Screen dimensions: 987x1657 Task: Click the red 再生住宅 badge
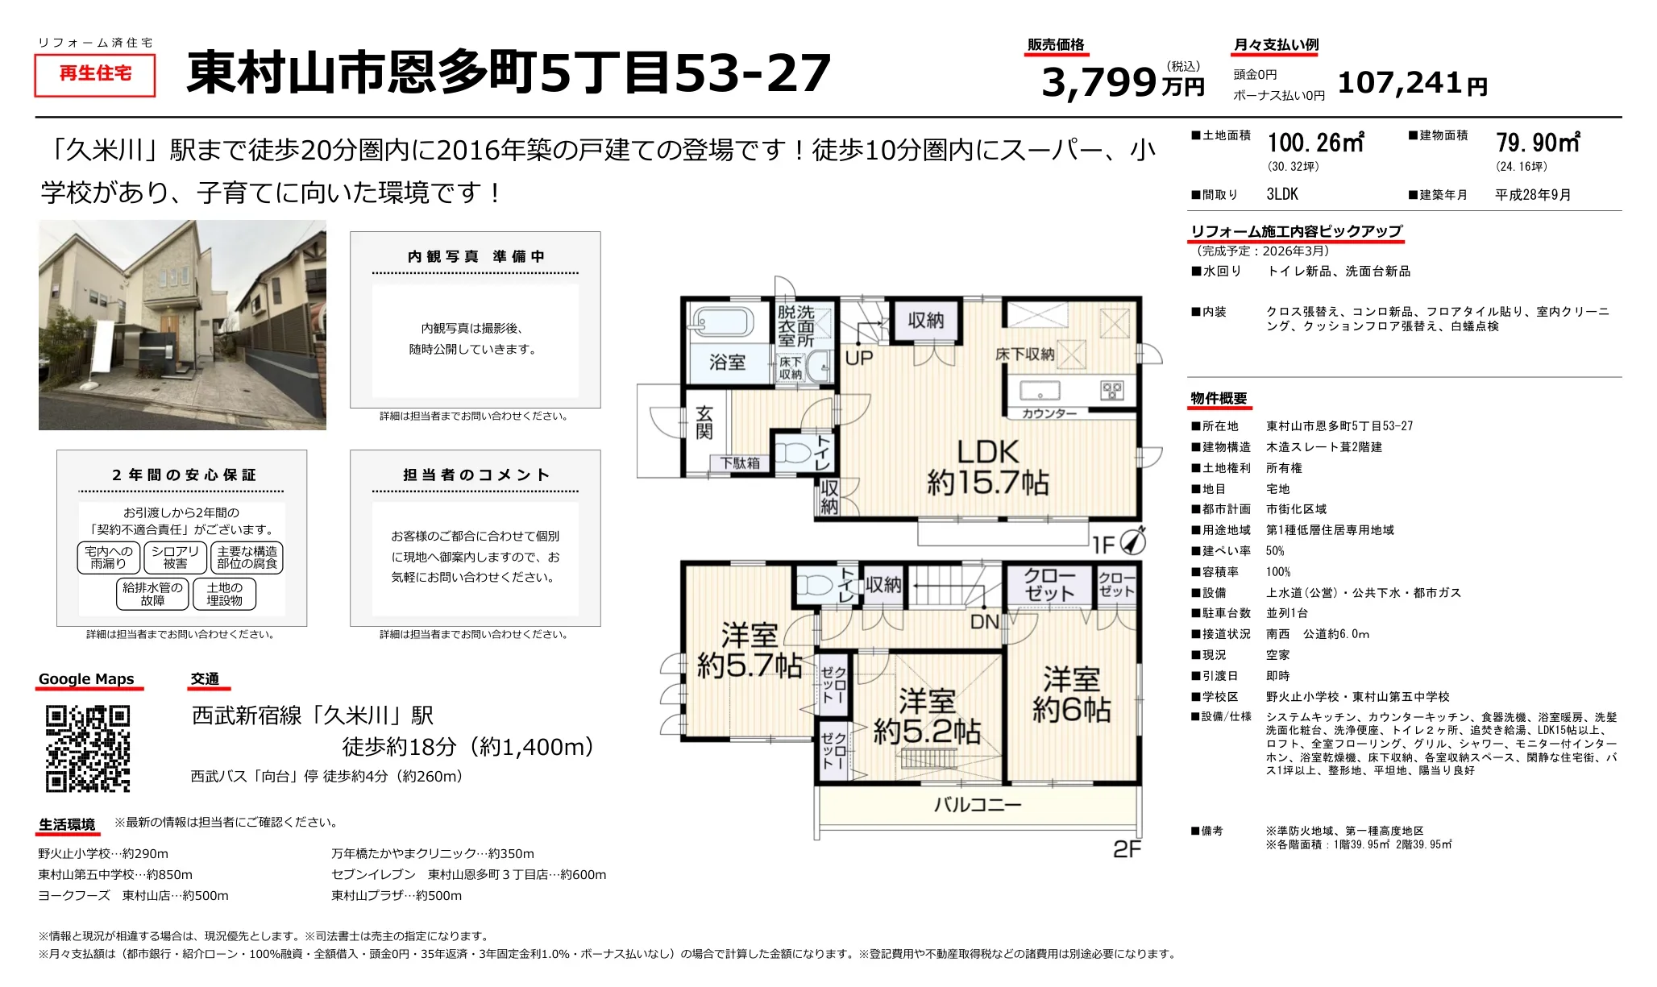tap(95, 74)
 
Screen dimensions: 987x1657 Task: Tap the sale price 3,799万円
tap(1122, 81)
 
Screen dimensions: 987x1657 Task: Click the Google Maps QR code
tap(88, 749)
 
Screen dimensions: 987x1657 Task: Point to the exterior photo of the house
tap(182, 325)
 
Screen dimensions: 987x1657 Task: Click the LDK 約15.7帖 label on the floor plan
tap(988, 467)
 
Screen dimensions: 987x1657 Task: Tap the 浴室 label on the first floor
tap(727, 363)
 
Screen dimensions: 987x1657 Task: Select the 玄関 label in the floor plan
tap(704, 423)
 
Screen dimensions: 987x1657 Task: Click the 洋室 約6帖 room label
tap(1071, 695)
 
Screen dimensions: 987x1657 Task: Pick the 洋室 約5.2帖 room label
tap(927, 716)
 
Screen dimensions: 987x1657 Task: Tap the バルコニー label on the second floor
tap(978, 804)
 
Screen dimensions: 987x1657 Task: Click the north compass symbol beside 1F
tap(1132, 541)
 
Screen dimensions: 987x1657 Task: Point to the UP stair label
tap(859, 358)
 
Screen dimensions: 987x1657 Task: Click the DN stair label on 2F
tap(985, 621)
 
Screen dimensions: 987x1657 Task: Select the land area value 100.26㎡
tap(1315, 143)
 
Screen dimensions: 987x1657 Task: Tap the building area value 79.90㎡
tap(1538, 143)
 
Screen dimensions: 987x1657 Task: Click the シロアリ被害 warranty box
tap(175, 558)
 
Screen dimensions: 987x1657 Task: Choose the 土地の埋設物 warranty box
tap(225, 595)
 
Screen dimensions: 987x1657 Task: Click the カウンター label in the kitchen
tap(1049, 413)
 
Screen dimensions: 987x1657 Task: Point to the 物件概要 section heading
tap(1219, 399)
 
